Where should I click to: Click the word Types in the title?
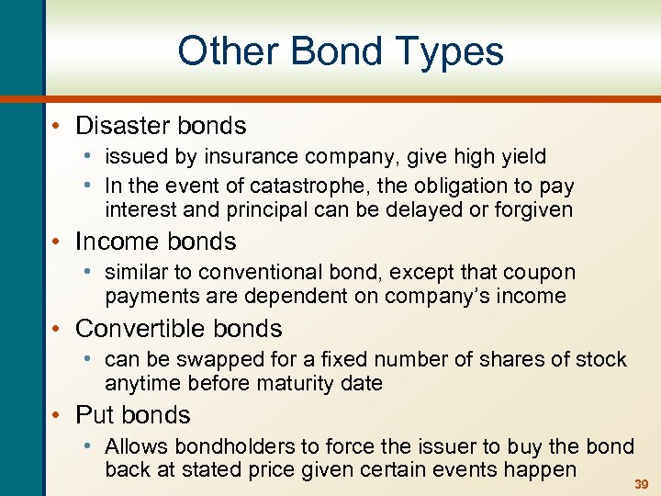pos(451,51)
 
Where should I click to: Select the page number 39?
pos(642,484)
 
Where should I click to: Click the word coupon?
pos(541,272)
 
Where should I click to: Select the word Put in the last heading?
pos(93,414)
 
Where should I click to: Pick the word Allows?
pos(134,446)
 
